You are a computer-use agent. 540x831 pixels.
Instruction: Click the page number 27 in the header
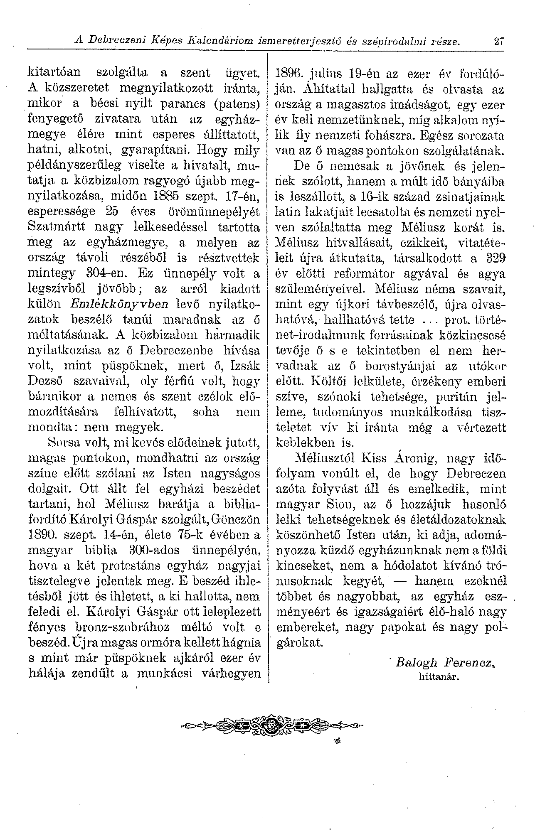click(498, 42)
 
